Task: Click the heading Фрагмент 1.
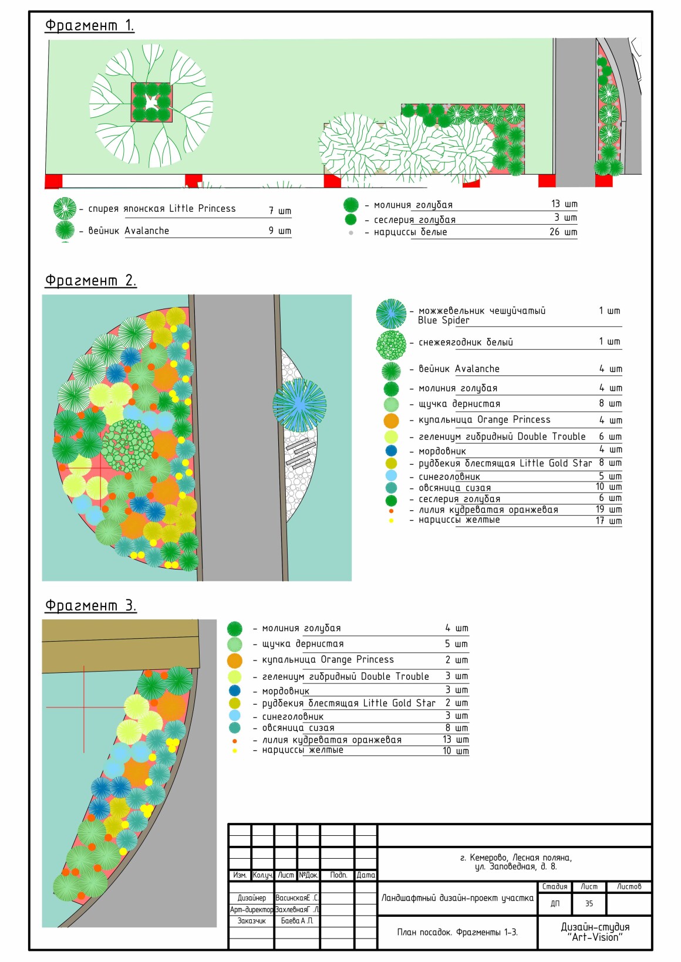pos(89,26)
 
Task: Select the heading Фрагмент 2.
pos(90,280)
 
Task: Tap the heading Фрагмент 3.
pos(90,605)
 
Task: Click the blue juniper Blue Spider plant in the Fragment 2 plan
pos(299,404)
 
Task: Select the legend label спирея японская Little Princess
pos(161,209)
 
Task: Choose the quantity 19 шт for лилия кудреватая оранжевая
pos(608,510)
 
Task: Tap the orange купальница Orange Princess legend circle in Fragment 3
pos(235,660)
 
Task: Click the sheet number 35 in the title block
pos(589,904)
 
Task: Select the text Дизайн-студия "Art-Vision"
pos(595,932)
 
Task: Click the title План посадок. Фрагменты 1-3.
pos(457,932)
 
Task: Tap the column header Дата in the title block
pos(366,875)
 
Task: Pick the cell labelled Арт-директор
pos(251,910)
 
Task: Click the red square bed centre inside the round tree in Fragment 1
pos(151,102)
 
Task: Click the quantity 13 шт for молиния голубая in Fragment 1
pos(564,204)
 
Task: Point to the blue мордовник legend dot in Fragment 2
pos(391,450)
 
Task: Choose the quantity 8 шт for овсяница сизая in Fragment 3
pos(456,728)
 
